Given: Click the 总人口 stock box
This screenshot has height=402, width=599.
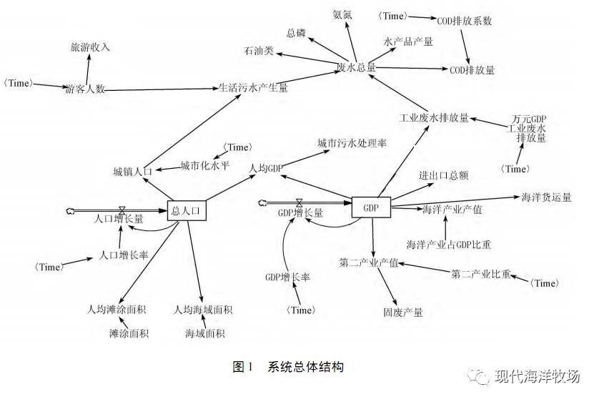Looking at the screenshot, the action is [187, 210].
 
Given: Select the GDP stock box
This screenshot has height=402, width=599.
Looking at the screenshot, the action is [371, 207].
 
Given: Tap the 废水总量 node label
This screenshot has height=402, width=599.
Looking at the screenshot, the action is [356, 67].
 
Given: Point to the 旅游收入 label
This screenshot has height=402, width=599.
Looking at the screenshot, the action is [89, 47].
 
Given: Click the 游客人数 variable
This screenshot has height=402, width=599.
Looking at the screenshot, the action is [85, 89].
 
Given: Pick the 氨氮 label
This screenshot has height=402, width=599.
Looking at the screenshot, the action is [342, 14].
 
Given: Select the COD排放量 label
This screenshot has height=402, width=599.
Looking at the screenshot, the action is [472, 70].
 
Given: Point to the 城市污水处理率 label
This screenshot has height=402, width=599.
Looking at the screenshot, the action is [352, 143].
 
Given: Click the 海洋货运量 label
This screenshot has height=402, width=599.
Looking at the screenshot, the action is [547, 197].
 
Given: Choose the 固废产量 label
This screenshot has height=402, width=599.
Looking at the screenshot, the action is [403, 313].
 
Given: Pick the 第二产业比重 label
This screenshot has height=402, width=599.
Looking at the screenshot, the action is [482, 273].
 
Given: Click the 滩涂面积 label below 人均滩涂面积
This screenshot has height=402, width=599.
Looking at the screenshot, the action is [129, 333].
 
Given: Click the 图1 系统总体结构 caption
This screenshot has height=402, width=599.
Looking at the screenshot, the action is [288, 367].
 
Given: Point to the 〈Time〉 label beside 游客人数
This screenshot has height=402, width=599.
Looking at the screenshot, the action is [18, 84].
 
